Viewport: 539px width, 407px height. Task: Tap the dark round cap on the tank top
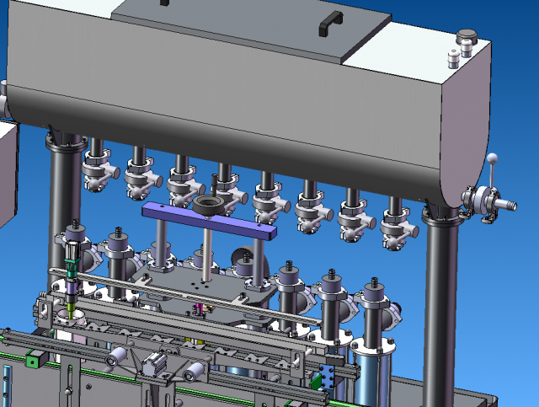pyautogui.click(x=466, y=38)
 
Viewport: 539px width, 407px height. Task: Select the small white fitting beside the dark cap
pyautogui.click(x=453, y=59)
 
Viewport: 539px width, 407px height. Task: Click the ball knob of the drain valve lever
pyautogui.click(x=494, y=158)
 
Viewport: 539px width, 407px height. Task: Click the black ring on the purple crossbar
pyautogui.click(x=207, y=206)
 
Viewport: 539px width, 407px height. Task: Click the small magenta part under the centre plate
pyautogui.click(x=200, y=309)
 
